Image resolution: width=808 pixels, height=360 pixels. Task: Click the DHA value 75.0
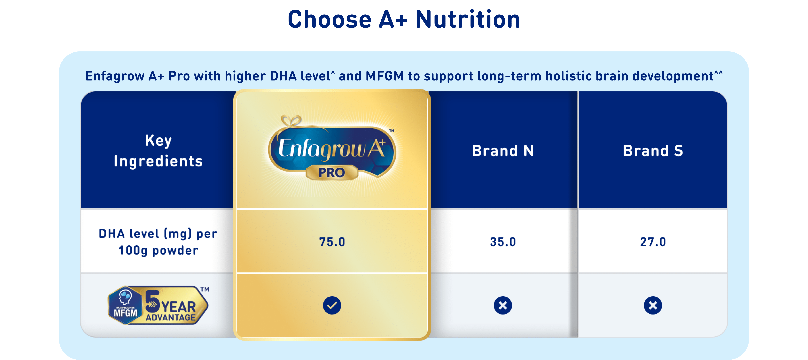(x=332, y=242)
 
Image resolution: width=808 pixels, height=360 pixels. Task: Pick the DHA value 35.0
(x=503, y=242)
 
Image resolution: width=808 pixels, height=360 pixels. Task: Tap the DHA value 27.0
(x=653, y=242)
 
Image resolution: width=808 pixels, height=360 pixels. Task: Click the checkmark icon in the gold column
(x=332, y=305)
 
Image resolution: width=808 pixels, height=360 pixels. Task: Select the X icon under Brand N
(x=503, y=305)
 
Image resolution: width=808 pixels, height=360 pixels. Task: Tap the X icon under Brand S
(x=653, y=305)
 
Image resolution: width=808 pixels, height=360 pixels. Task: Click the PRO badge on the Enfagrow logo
(x=332, y=172)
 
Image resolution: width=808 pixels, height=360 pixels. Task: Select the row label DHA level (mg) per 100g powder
(x=158, y=242)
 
